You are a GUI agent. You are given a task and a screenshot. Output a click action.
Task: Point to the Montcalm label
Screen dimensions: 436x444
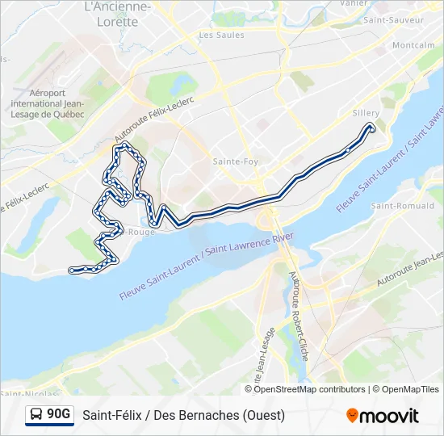(x=413, y=45)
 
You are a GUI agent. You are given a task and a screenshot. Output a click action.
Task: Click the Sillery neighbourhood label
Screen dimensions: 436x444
(x=367, y=114)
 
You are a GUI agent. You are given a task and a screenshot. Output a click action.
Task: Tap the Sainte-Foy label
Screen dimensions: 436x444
(x=235, y=161)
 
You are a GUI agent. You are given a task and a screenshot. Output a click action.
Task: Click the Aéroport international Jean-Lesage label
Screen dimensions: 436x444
(x=46, y=103)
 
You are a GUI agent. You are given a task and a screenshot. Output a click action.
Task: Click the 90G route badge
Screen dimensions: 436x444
(x=58, y=415)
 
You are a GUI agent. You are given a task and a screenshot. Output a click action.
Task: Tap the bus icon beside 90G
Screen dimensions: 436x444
(x=37, y=415)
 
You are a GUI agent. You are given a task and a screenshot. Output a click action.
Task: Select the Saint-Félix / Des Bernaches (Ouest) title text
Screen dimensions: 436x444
(x=183, y=416)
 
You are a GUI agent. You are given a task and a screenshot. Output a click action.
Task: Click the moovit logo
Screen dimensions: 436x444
(x=383, y=416)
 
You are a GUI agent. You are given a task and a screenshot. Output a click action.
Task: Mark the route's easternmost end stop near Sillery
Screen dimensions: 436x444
(x=371, y=128)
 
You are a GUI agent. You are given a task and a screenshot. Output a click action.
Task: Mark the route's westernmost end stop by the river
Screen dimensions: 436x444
(x=73, y=270)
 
